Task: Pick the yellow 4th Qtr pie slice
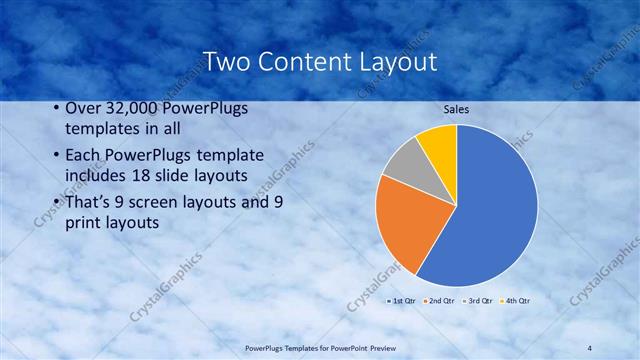[438, 142]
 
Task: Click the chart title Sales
[456, 109]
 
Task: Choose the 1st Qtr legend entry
[403, 300]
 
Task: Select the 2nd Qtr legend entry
[440, 300]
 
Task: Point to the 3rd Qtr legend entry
[477, 300]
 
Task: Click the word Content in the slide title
[303, 62]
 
